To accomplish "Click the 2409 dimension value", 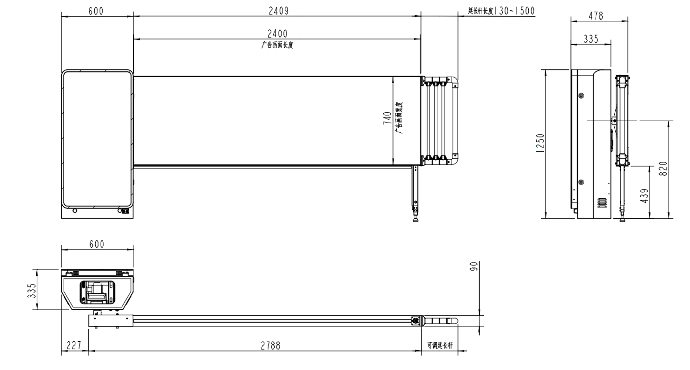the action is (x=278, y=11).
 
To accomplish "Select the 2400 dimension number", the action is (x=277, y=33).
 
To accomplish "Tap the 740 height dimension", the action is (x=387, y=118).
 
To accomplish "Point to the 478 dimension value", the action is (x=596, y=16).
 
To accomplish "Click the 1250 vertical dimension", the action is (x=540, y=143).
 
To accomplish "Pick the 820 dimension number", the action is (x=663, y=169).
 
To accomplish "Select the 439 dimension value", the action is (x=644, y=196).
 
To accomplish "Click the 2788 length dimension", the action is (x=270, y=346).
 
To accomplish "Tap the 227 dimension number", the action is (x=74, y=345).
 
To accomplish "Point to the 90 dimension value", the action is (x=474, y=266).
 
